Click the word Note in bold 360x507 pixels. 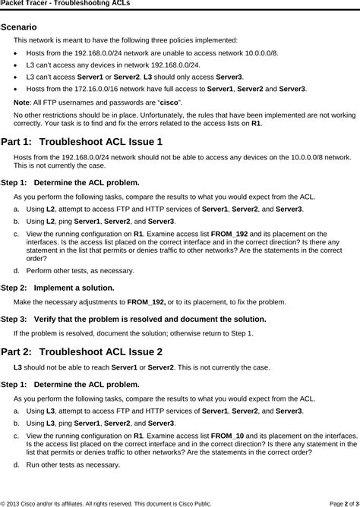coord(21,102)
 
